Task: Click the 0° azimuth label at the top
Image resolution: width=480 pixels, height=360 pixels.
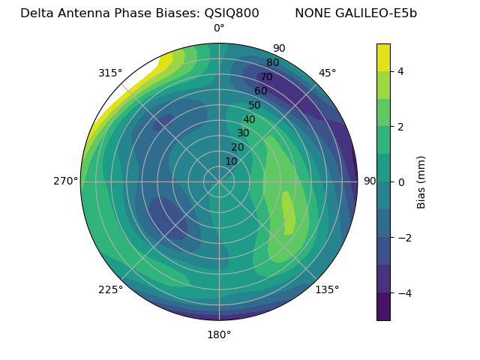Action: (219, 28)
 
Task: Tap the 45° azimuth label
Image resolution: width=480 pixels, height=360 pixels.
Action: (327, 73)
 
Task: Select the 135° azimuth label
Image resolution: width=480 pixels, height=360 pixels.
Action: (327, 289)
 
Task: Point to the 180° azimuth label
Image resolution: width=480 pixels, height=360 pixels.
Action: (219, 334)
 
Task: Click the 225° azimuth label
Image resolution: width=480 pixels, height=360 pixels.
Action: (110, 289)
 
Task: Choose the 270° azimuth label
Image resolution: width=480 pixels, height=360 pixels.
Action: (65, 181)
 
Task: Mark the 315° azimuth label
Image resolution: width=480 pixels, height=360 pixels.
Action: (110, 73)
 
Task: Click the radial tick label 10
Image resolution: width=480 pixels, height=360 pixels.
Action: (231, 161)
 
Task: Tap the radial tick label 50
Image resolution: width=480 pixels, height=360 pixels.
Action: (255, 105)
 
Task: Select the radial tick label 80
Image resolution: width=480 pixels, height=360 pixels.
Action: (272, 62)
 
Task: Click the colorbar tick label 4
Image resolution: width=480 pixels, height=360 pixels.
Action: (401, 71)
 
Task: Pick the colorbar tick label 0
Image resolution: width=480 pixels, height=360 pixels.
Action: (401, 182)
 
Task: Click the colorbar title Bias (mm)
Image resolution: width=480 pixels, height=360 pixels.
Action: (421, 181)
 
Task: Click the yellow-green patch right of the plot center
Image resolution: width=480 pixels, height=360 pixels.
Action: (288, 214)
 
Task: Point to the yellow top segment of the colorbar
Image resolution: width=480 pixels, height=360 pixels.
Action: (383, 57)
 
